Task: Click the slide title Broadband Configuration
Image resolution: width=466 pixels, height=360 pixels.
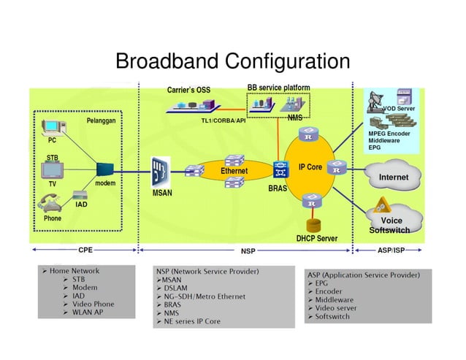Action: tap(233, 61)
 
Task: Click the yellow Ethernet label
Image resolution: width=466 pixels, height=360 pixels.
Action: tap(234, 171)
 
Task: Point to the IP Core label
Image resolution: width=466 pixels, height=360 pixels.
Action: tap(310, 167)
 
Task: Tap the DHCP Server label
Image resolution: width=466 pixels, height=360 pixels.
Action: tap(316, 238)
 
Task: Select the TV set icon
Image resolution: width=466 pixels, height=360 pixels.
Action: tap(53, 171)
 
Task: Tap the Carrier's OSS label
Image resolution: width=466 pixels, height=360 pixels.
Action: tap(188, 91)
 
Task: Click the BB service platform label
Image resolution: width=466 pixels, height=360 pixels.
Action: tap(278, 88)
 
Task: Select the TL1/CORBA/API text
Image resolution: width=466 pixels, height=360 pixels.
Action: tap(223, 120)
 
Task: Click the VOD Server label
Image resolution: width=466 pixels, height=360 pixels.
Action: tap(399, 109)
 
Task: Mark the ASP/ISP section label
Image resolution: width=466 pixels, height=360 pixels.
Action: tap(391, 250)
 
